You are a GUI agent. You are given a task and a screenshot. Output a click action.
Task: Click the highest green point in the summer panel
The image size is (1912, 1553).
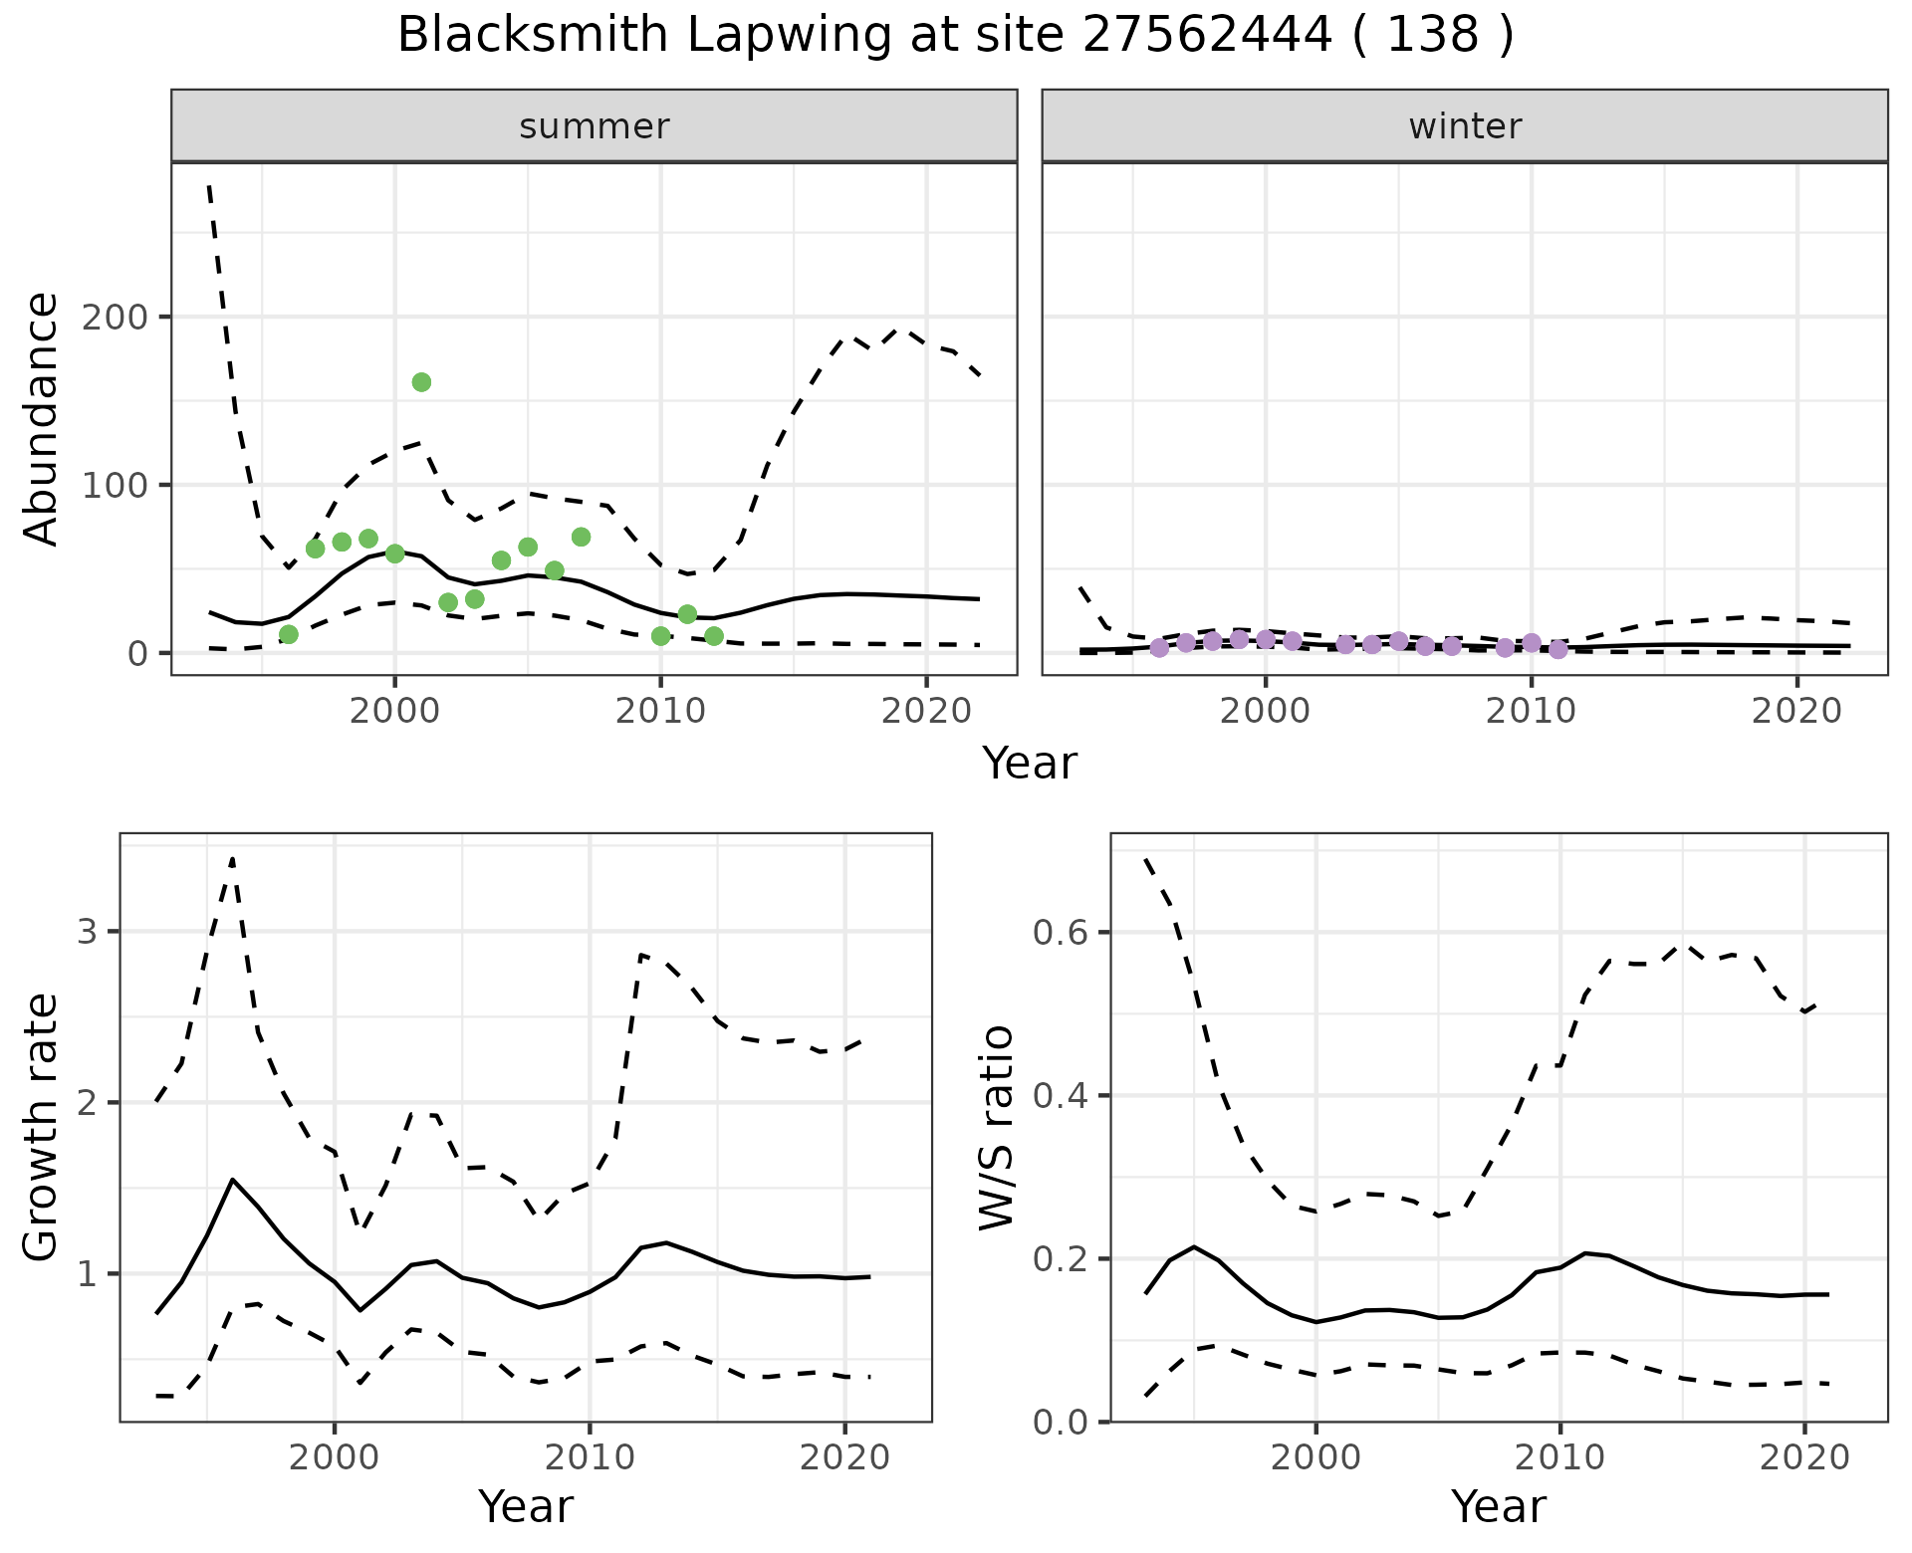[x=421, y=382]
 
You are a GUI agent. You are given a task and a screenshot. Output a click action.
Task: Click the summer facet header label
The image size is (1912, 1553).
[x=594, y=126]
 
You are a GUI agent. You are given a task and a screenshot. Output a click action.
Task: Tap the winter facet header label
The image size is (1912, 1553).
[x=1464, y=126]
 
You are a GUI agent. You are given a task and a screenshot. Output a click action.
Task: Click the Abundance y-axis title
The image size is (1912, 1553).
[x=42, y=419]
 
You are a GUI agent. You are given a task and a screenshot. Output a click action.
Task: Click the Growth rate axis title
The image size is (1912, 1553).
[x=42, y=1127]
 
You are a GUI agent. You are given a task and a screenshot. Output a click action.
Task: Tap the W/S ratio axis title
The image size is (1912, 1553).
[x=996, y=1127]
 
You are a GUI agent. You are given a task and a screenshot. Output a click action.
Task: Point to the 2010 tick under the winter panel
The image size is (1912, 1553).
[x=1531, y=712]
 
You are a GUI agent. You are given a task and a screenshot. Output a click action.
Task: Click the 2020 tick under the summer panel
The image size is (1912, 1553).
[x=926, y=712]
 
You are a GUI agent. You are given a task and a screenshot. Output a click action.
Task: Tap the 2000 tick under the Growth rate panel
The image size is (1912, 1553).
[x=335, y=1458]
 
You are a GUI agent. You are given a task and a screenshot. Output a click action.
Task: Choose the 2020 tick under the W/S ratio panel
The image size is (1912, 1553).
[x=1804, y=1458]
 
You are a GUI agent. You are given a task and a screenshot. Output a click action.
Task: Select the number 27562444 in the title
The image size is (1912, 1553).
[x=1206, y=36]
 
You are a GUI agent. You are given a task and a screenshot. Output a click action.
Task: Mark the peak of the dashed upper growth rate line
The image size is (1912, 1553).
[x=232, y=857]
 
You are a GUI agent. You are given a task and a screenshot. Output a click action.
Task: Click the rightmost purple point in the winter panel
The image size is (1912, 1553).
[x=1557, y=650]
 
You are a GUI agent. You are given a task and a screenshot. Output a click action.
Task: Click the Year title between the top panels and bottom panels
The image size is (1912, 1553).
[x=1029, y=764]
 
